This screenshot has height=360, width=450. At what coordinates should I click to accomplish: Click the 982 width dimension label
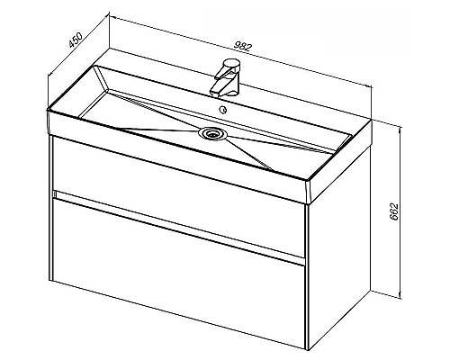tap(242, 47)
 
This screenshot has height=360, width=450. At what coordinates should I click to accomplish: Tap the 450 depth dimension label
tap(76, 40)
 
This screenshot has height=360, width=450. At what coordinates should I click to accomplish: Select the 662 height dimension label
tap(394, 211)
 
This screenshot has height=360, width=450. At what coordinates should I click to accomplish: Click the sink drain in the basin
tap(213, 133)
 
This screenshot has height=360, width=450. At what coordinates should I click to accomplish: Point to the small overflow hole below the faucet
tap(223, 110)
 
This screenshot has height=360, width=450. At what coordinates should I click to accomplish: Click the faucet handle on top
tap(231, 65)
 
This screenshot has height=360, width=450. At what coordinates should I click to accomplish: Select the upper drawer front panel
tap(178, 196)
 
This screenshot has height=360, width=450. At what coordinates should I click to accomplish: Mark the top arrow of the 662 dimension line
tap(400, 129)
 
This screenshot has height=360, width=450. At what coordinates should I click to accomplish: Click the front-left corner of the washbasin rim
tap(48, 110)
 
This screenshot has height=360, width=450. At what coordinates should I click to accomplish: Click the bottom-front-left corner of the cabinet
tap(52, 281)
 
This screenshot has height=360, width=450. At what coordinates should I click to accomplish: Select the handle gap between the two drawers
tap(179, 228)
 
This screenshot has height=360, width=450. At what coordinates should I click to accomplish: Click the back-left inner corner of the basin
tap(95, 66)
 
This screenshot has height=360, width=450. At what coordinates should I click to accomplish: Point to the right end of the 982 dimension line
tap(372, 87)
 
